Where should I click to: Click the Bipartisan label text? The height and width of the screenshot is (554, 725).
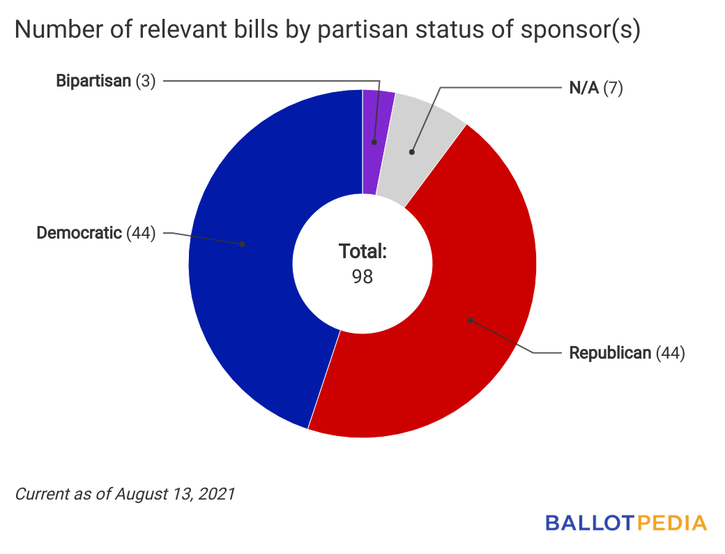point(93,81)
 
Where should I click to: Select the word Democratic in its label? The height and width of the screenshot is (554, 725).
point(79,233)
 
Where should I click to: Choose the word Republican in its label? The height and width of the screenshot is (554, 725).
point(610,353)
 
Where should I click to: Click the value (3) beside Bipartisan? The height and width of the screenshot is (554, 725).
point(145,81)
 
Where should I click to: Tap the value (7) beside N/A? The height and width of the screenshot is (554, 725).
point(612,89)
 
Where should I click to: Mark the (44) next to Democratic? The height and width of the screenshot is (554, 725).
point(141,233)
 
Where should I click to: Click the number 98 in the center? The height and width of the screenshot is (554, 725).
point(362,276)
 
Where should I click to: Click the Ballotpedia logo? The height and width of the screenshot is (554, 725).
point(625,523)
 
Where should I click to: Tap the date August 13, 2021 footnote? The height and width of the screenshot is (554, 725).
point(175,494)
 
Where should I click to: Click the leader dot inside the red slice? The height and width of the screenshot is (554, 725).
point(471,320)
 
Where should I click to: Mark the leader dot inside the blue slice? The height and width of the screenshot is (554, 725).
point(242,244)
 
